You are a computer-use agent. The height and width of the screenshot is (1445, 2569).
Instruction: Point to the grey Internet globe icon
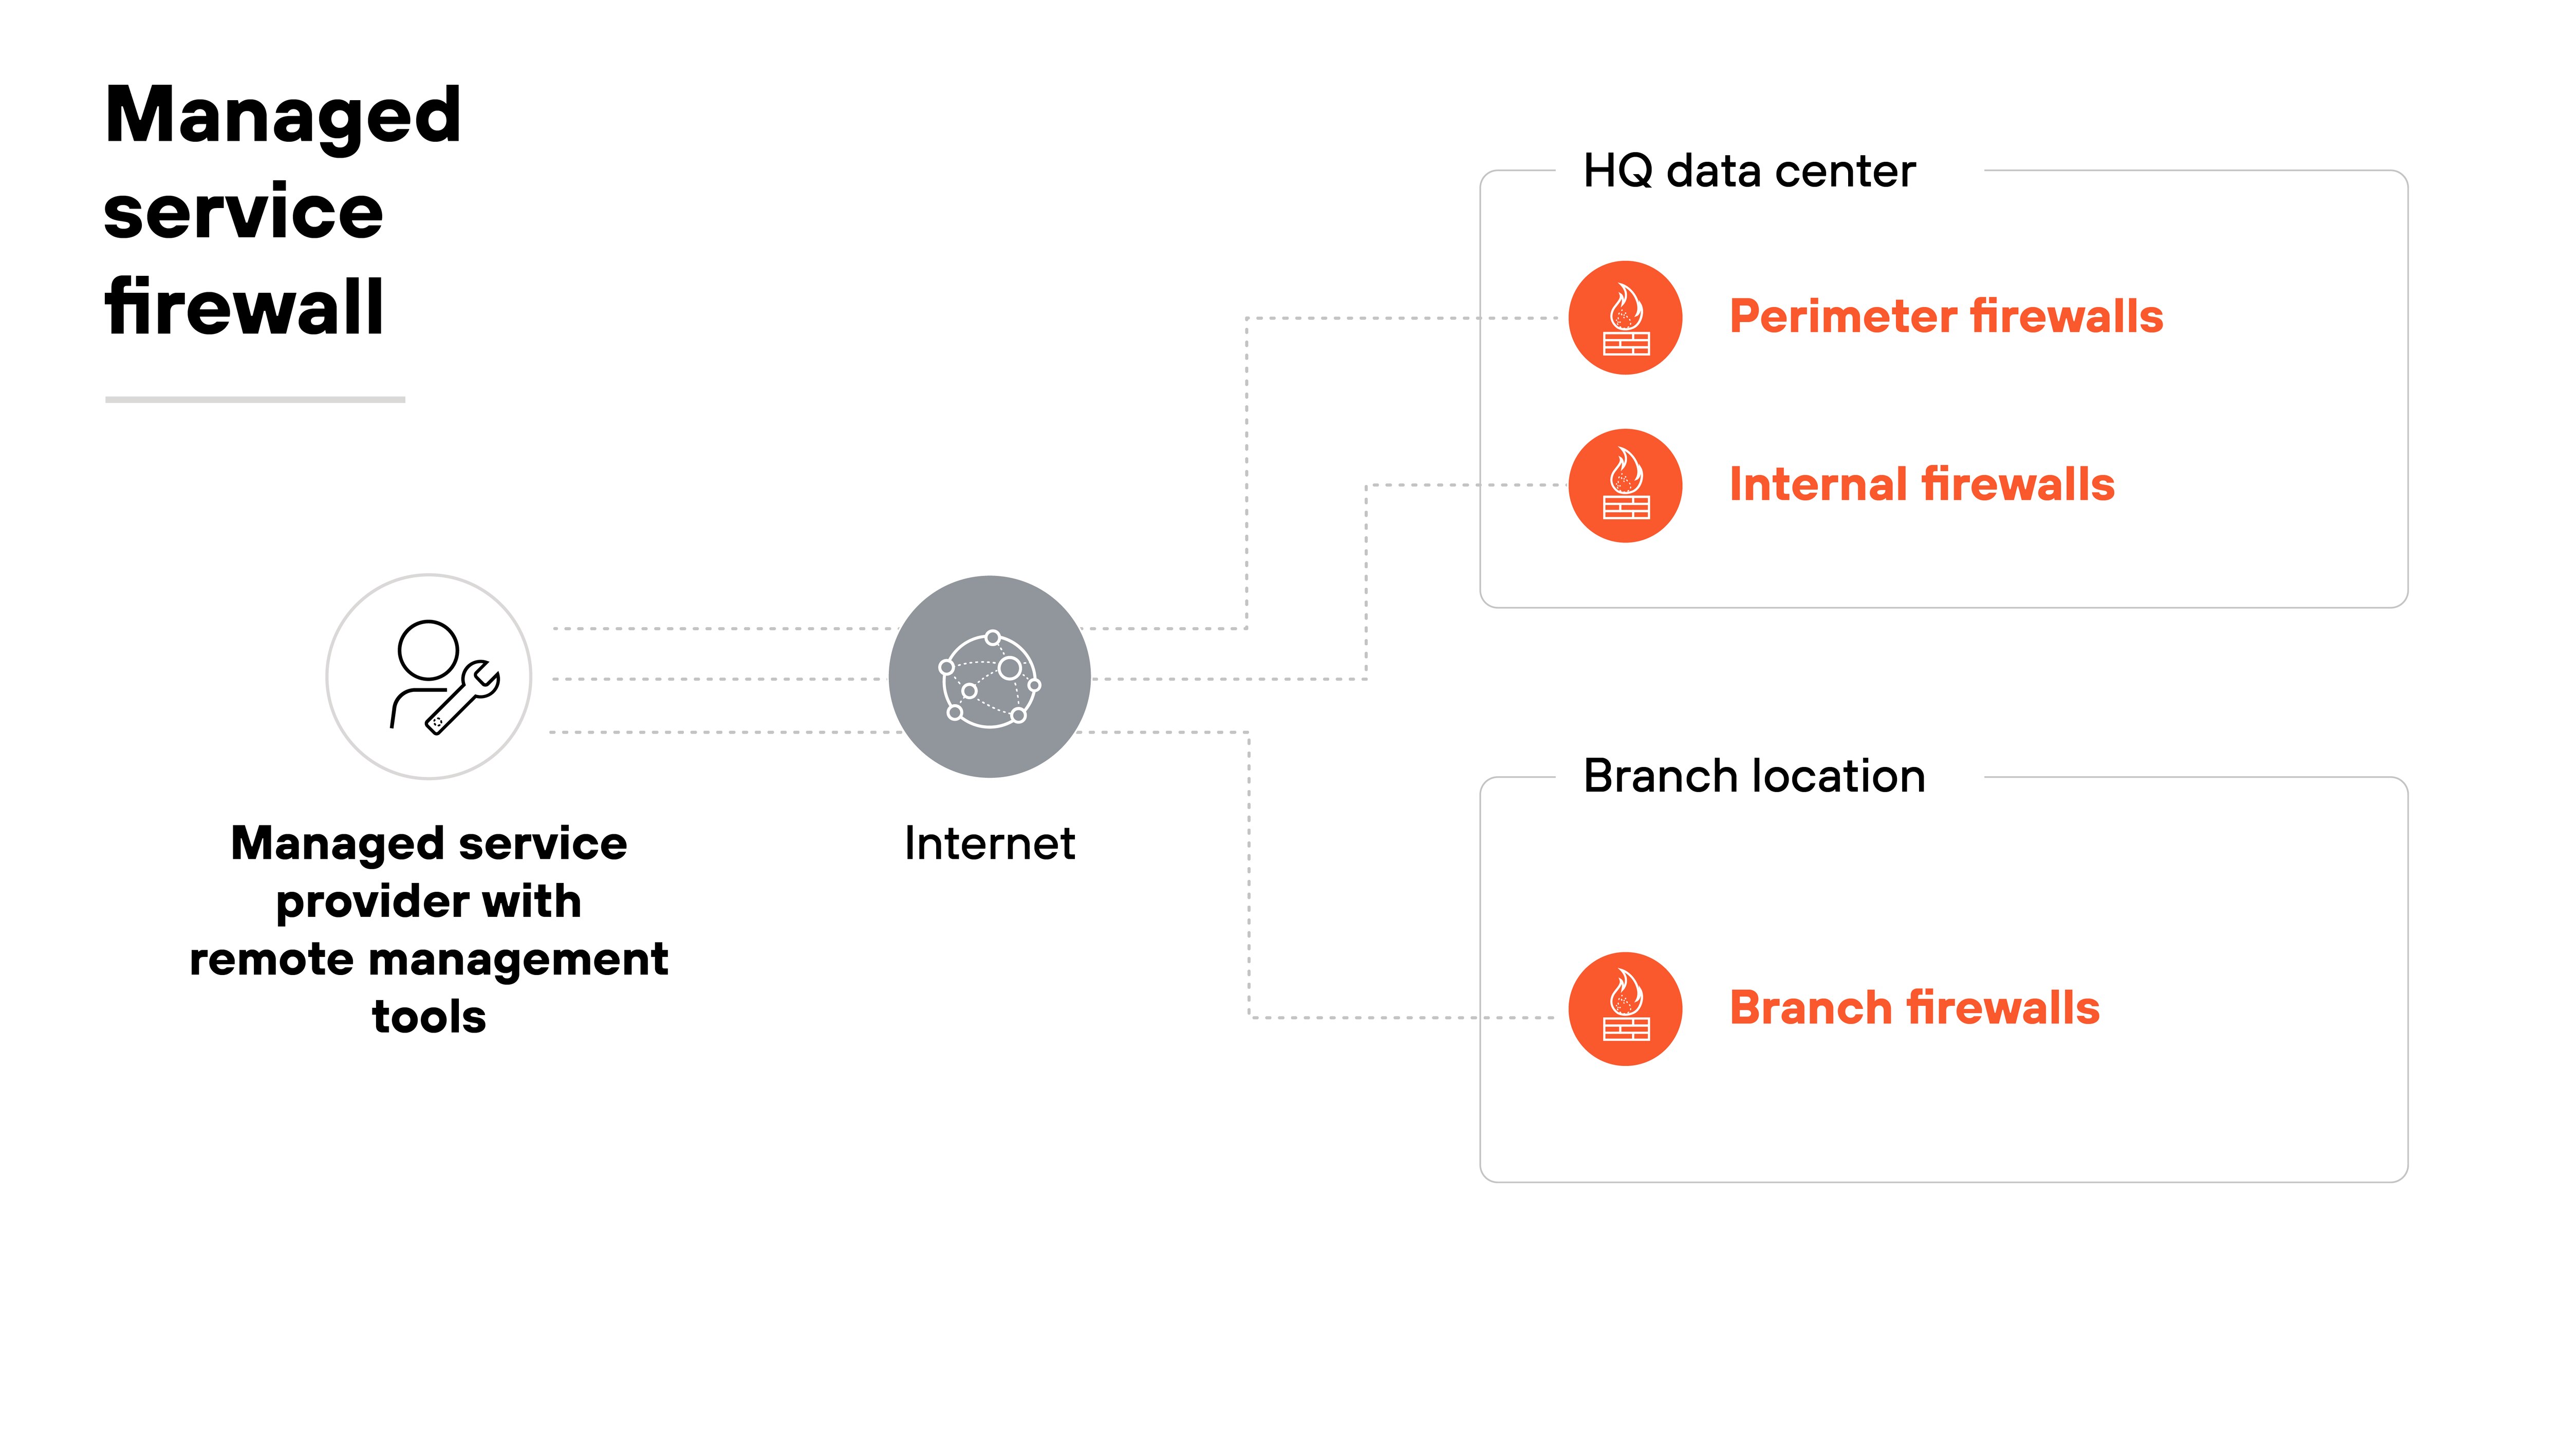pyautogui.click(x=989, y=677)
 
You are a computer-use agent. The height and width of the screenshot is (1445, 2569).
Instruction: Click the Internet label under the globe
pyautogui.click(x=989, y=843)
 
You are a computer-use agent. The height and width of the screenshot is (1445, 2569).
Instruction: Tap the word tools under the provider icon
pyautogui.click(x=429, y=1017)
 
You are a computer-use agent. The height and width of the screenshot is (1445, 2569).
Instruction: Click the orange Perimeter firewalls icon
pyautogui.click(x=1626, y=318)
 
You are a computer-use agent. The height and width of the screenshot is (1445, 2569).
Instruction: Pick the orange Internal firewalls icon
pyautogui.click(x=1626, y=485)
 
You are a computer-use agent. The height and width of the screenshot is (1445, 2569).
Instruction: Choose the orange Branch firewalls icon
pyautogui.click(x=1626, y=1009)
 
